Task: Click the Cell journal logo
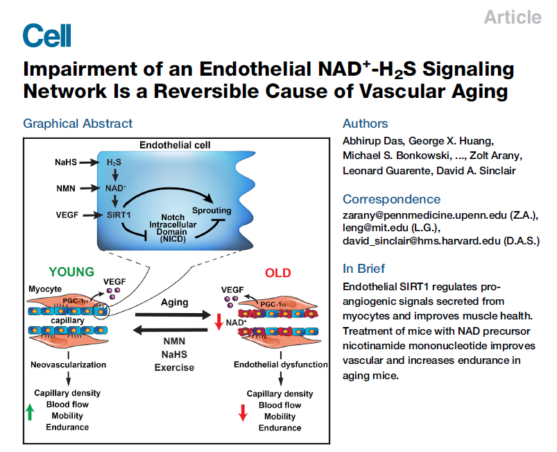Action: (46, 35)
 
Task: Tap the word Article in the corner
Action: (512, 17)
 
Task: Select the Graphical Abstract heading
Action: (78, 124)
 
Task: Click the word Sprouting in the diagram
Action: (211, 209)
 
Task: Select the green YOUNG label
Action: (71, 272)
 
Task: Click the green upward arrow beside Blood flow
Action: (30, 412)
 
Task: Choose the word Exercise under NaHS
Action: (174, 367)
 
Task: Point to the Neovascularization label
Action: (67, 364)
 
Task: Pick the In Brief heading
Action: (364, 269)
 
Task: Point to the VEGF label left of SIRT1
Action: (66, 215)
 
